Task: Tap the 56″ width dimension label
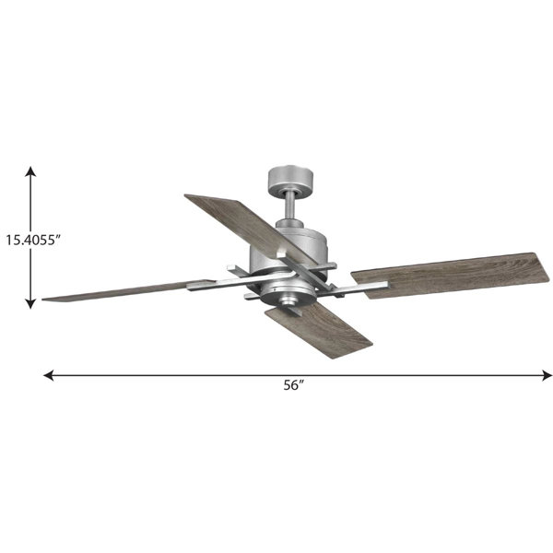point(294,385)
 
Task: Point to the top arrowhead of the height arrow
point(31,171)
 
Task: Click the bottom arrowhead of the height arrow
point(31,303)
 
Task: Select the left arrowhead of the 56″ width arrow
point(48,375)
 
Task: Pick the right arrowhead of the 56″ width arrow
point(547,375)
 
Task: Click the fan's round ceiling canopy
point(290,179)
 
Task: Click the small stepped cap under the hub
point(288,301)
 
